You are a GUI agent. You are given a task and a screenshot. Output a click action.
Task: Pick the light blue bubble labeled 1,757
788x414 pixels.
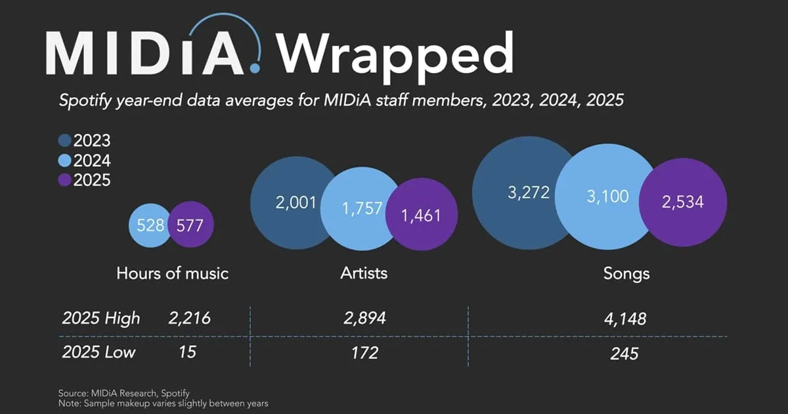tap(357, 208)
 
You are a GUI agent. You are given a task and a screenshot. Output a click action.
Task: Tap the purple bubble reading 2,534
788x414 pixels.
tap(683, 202)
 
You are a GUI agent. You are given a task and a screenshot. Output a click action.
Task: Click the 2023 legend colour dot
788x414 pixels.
tap(65, 141)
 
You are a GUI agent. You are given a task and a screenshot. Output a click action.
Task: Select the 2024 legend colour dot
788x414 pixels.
tap(65, 160)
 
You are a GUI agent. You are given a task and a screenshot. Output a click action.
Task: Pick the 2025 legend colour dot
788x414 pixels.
tap(65, 180)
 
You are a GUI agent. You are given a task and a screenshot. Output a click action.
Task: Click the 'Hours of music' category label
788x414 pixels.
tap(172, 273)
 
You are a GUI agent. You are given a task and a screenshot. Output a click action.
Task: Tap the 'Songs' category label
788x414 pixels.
tap(626, 273)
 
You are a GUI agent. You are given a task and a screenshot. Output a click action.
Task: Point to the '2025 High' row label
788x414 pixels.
tap(100, 319)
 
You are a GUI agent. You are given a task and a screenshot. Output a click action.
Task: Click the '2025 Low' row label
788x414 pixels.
tap(98, 352)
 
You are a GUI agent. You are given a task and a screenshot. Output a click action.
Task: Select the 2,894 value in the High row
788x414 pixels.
tap(364, 319)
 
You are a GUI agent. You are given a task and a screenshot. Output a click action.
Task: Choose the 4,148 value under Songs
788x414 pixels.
tap(624, 320)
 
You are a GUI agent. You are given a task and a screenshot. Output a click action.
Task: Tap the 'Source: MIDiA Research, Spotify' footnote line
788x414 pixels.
tap(124, 393)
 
